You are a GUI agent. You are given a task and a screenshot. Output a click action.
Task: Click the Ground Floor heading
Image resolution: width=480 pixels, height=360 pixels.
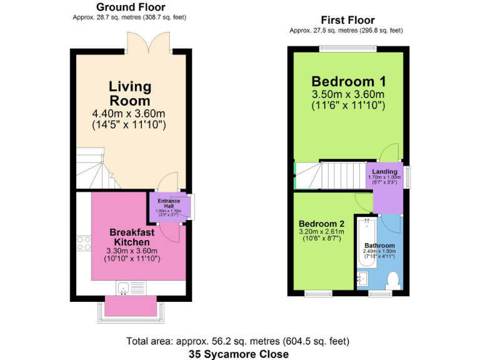(x=130, y=7)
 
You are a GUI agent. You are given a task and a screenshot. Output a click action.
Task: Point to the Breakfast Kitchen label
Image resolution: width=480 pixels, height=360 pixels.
(x=131, y=237)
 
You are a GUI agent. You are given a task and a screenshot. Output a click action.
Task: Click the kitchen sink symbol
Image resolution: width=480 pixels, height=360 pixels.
(x=124, y=287)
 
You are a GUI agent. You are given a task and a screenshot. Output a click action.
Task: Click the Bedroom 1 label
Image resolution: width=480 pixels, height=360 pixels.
(x=348, y=81)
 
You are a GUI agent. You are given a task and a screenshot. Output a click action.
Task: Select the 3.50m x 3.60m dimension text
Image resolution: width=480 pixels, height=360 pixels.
(x=348, y=94)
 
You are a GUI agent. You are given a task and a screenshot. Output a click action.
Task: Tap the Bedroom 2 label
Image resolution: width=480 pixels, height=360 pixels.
(x=321, y=224)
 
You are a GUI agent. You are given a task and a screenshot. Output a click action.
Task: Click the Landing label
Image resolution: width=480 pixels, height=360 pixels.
(x=384, y=172)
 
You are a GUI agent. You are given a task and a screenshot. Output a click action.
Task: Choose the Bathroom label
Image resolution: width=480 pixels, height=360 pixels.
(x=380, y=246)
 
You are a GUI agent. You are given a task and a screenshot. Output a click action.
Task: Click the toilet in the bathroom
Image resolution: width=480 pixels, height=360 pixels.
(x=393, y=281)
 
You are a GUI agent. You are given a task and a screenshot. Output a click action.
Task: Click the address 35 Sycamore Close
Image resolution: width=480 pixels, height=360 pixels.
(x=239, y=354)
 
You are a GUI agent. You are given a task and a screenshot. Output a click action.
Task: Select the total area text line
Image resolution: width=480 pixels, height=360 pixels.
(x=237, y=341)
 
